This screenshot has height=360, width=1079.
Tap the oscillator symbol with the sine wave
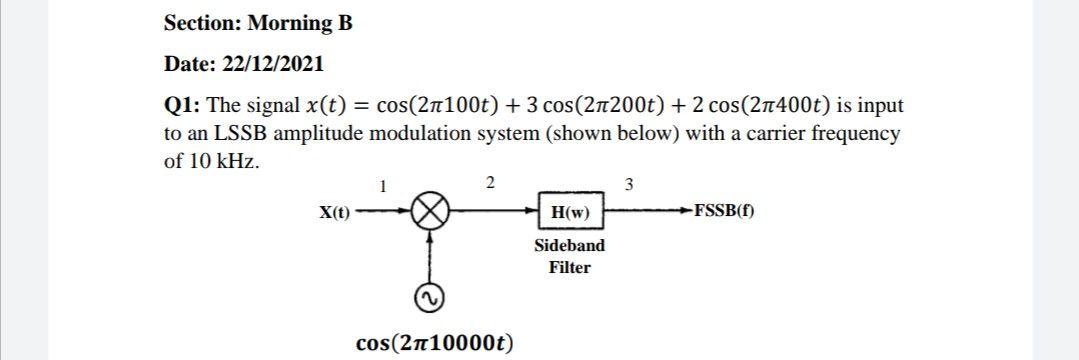(x=431, y=298)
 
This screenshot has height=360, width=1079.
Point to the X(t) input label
(x=335, y=212)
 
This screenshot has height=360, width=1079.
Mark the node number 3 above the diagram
(x=628, y=184)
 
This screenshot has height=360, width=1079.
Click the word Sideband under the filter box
(x=569, y=245)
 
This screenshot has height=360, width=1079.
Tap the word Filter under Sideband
(x=569, y=267)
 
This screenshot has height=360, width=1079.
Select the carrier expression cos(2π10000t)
(x=435, y=343)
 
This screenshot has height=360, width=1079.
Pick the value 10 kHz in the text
(x=221, y=161)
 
